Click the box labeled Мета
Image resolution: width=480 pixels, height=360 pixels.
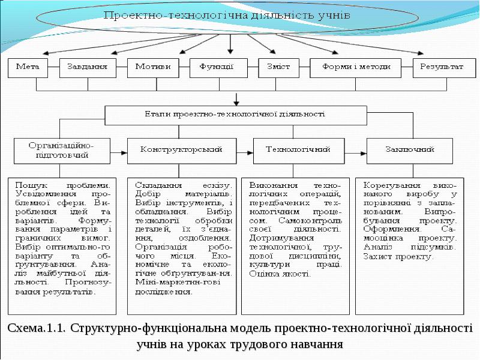pos(28,68)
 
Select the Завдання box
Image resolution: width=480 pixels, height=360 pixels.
pos(88,68)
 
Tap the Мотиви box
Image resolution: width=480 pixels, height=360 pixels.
pos(153,68)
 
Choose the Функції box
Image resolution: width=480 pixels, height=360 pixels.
pos(218,68)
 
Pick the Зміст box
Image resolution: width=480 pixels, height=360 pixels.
pos(278,68)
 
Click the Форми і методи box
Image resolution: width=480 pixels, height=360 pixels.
pos(355,68)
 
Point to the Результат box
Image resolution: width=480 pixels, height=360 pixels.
pos(445,68)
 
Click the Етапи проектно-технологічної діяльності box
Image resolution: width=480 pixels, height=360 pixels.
pos(236,115)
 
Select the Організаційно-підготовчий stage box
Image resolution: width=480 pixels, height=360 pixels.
pos(62,151)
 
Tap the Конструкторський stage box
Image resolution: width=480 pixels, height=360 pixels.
pos(182,151)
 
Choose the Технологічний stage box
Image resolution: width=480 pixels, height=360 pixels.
pos(299,151)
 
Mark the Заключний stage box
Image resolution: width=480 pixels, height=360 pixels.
pos(410,151)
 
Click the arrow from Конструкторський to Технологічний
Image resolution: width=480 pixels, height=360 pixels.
pos(245,153)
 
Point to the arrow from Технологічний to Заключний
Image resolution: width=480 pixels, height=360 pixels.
pos(356,153)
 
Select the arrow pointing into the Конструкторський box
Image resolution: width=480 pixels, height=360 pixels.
pos(119,153)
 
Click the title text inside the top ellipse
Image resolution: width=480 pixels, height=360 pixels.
pos(227,16)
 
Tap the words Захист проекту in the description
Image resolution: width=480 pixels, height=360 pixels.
pos(398,257)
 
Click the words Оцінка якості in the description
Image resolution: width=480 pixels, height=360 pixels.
pos(280,274)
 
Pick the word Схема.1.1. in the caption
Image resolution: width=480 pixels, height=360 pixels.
pos(36,328)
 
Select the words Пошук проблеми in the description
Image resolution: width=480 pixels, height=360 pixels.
pos(63,185)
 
